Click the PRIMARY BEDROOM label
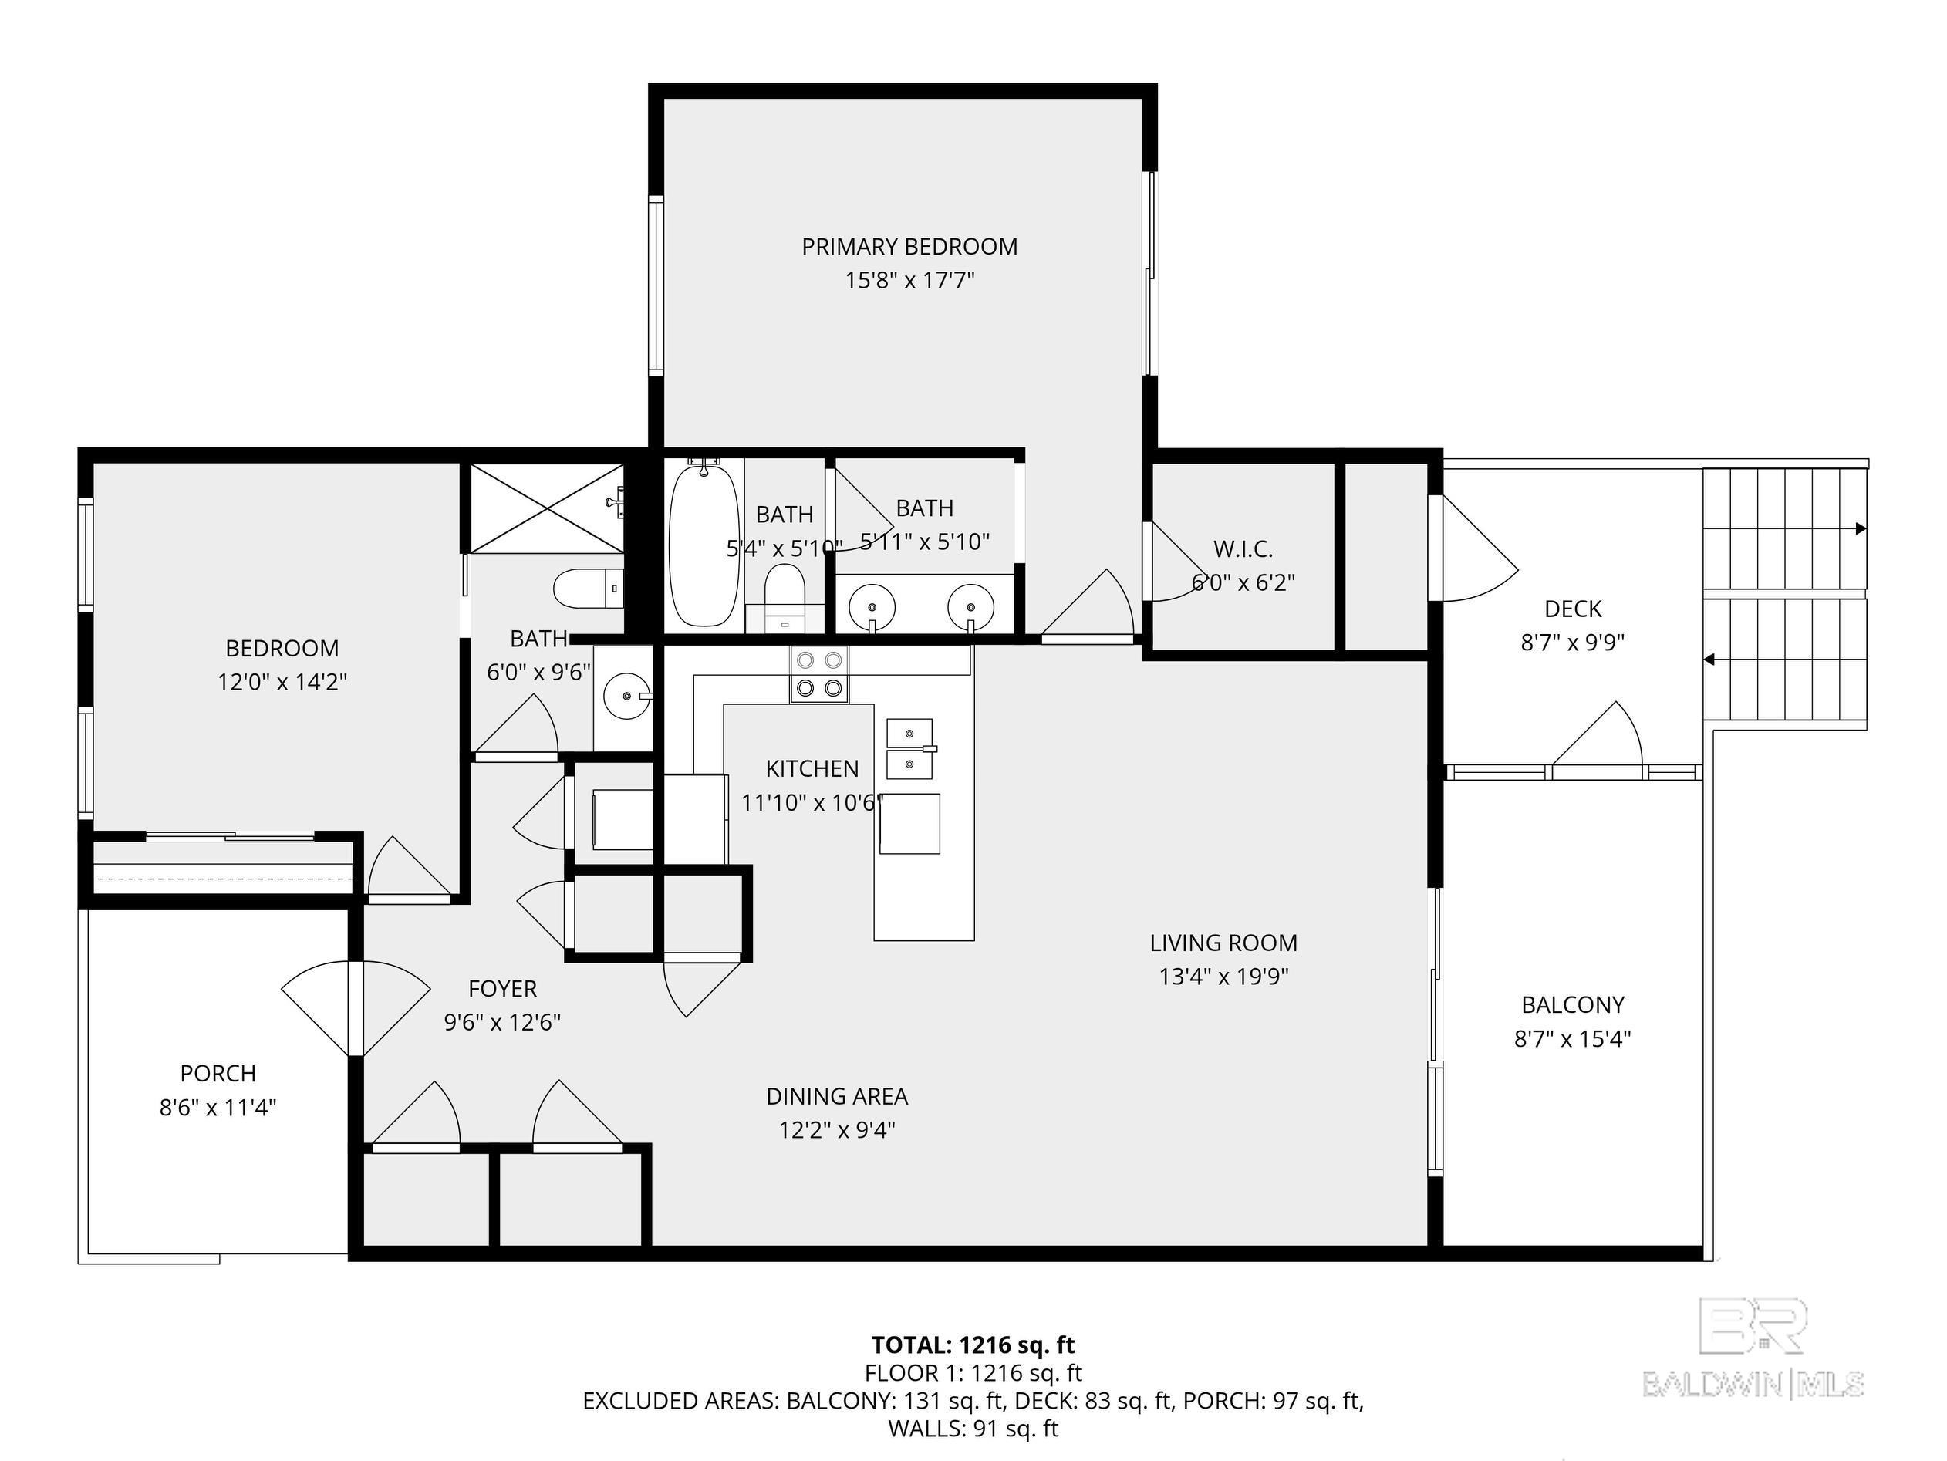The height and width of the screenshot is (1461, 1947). point(909,246)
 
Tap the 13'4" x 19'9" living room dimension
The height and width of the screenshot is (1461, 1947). point(1223,976)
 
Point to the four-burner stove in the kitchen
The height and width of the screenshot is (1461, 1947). point(819,674)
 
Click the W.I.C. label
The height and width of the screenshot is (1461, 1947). point(1243,549)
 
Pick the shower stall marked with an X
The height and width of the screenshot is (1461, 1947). point(548,508)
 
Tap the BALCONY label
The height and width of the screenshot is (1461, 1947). point(1572,1004)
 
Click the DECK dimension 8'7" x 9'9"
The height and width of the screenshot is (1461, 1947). point(1572,643)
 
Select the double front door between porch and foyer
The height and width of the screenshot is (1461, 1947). point(356,1007)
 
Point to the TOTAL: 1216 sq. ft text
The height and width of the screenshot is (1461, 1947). point(973,1345)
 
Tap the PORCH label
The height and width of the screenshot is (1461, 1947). point(218,1074)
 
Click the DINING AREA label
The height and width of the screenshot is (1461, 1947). point(836,1097)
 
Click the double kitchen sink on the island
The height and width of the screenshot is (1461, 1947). point(910,749)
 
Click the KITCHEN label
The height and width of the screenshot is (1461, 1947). point(812,769)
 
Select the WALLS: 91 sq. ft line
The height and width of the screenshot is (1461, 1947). point(973,1429)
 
